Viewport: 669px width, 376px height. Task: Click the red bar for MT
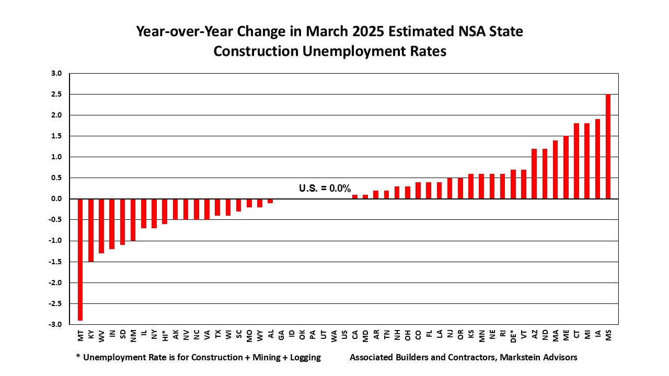click(x=80, y=259)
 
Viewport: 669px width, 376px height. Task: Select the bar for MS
click(x=608, y=146)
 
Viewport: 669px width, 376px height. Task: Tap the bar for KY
click(x=91, y=230)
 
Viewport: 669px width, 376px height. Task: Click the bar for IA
click(x=597, y=159)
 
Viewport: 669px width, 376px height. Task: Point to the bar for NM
click(x=133, y=219)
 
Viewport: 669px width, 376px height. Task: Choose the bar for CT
click(x=576, y=161)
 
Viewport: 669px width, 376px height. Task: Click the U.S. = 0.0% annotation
click(x=325, y=188)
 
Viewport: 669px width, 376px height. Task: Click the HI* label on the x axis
click(x=165, y=335)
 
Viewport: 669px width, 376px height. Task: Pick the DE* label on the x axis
click(x=513, y=336)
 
